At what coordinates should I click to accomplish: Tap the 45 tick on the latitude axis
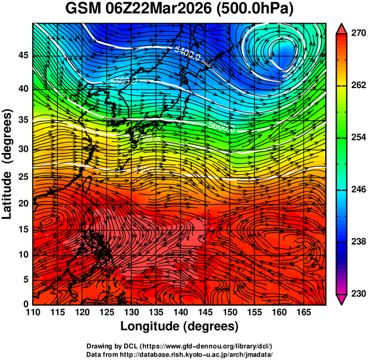[x=23, y=55]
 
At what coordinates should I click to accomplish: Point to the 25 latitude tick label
[x=23, y=176]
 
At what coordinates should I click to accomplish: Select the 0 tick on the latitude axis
[x=26, y=304]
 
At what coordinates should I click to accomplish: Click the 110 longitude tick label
[x=33, y=312]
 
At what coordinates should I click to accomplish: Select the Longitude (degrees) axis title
[x=180, y=326]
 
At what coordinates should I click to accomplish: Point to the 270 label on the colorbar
[x=356, y=33]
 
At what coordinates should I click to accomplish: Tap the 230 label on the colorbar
[x=356, y=293]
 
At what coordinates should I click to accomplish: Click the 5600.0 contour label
[x=222, y=127]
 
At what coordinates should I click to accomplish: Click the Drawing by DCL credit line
[x=180, y=346]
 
